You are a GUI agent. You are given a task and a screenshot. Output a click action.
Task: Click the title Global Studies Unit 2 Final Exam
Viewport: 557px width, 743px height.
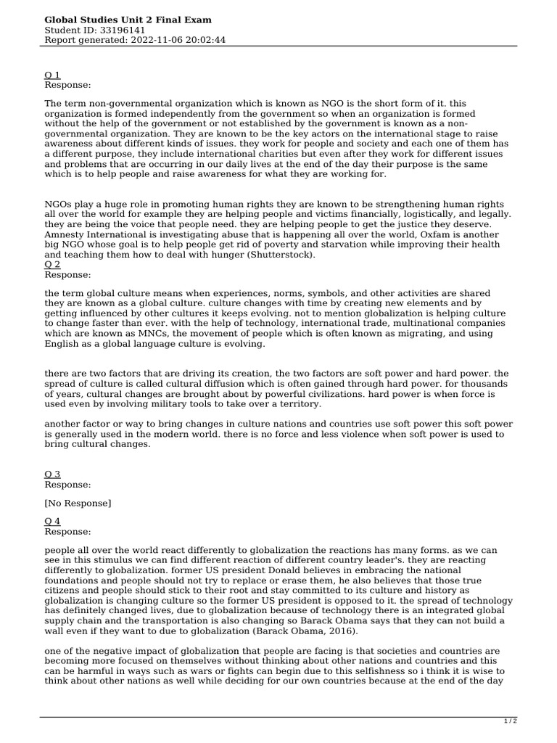click(128, 20)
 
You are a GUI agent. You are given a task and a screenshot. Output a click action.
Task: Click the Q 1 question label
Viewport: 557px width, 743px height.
click(52, 75)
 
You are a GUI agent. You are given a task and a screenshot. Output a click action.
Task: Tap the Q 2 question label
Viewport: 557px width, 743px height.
click(52, 265)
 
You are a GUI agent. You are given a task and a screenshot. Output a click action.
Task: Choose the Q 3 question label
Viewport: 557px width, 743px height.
click(52, 474)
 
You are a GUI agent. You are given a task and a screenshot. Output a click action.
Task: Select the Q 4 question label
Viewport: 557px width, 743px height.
click(52, 521)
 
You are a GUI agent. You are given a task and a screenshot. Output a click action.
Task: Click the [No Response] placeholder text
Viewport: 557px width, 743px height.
click(78, 503)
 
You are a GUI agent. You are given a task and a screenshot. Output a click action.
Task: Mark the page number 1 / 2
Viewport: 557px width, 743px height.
click(511, 721)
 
